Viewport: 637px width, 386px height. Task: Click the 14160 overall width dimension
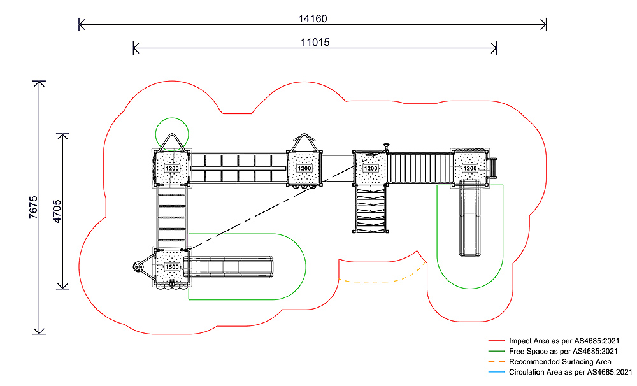[313, 18]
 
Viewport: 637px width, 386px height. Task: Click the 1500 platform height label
[172, 267]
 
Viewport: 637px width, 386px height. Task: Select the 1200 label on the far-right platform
[469, 168]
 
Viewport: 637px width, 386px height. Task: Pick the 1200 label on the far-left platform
[172, 169]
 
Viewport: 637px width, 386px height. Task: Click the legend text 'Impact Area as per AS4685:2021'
[564, 341]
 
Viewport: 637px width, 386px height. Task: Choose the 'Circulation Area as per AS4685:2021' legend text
[570, 371]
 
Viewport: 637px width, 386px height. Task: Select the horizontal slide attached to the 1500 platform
[232, 266]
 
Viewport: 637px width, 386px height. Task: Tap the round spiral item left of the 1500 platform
[138, 267]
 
